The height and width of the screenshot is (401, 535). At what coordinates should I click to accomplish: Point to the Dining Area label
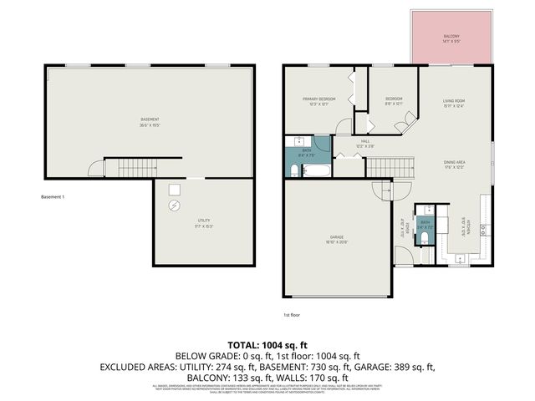click(x=455, y=165)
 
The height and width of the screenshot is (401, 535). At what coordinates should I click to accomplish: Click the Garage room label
click(x=337, y=239)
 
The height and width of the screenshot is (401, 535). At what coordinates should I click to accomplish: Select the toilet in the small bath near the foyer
click(x=425, y=240)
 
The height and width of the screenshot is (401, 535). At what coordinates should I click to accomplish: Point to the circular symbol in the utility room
click(x=174, y=206)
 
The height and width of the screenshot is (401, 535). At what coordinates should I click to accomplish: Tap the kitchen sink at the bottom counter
click(x=460, y=258)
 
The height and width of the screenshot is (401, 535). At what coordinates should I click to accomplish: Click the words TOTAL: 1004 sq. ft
click(x=267, y=345)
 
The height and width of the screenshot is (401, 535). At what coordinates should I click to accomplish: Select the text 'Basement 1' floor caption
click(x=53, y=197)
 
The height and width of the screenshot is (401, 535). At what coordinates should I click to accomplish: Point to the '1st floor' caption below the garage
click(x=292, y=315)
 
